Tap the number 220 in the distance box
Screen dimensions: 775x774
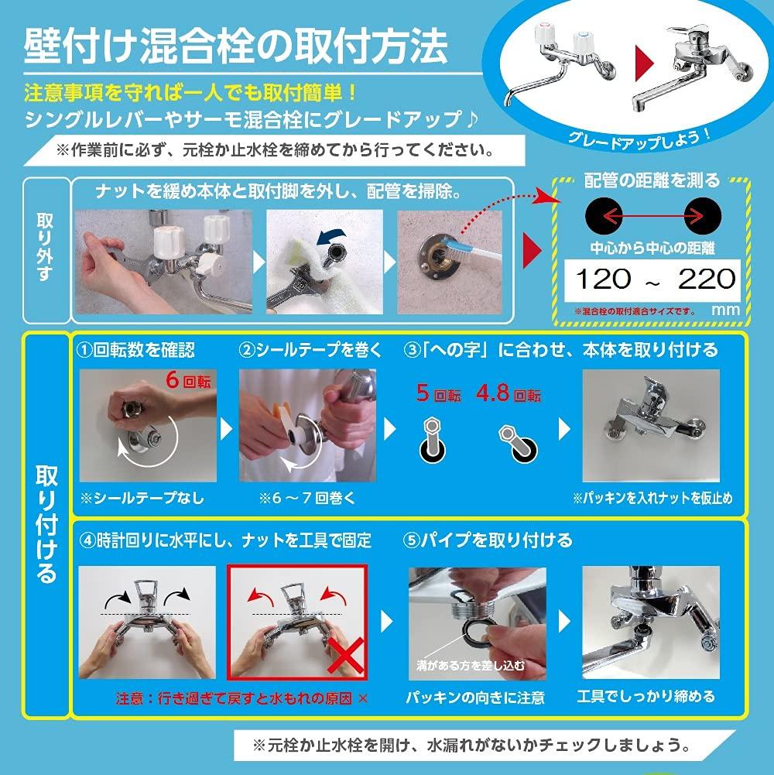(x=705, y=278)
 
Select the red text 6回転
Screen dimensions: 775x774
(x=188, y=381)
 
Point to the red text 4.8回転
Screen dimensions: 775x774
(x=509, y=395)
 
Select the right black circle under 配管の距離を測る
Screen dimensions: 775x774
(x=704, y=214)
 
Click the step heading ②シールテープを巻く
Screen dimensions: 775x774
(x=310, y=350)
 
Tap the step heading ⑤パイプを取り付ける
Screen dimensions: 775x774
(x=488, y=540)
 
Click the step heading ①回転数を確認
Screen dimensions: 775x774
(x=139, y=350)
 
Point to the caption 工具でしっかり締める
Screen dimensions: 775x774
(x=646, y=697)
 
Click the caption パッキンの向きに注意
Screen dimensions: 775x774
(x=476, y=698)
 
